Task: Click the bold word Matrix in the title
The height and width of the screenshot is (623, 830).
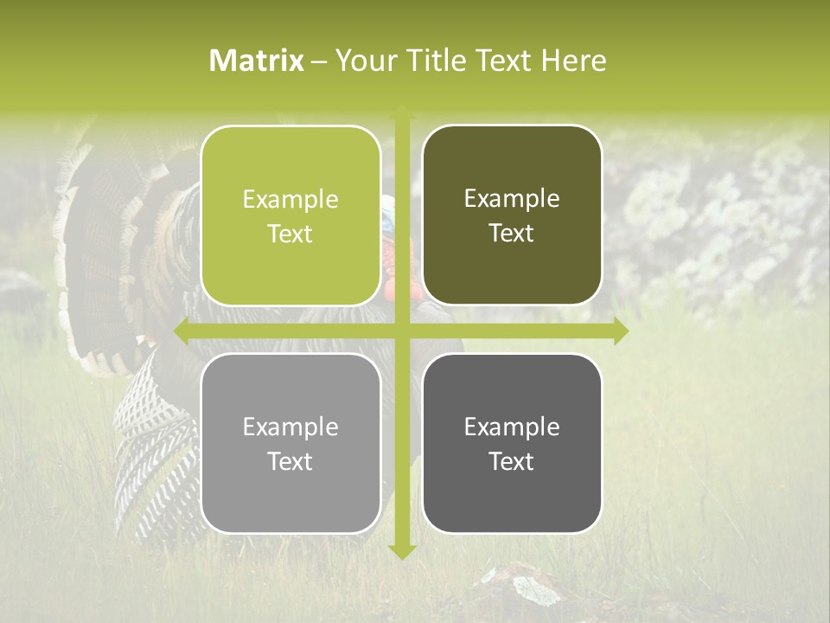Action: tap(257, 61)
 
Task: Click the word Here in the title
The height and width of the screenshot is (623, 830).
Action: tap(573, 61)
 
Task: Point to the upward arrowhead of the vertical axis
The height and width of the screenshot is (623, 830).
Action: tap(402, 111)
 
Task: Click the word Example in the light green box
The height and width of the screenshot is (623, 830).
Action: tap(290, 200)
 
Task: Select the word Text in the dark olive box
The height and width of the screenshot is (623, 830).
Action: tap(512, 234)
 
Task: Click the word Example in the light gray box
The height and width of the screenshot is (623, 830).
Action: tap(290, 427)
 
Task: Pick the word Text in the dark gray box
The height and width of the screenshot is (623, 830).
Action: tap(512, 461)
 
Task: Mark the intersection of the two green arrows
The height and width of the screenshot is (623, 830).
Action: tap(402, 331)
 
